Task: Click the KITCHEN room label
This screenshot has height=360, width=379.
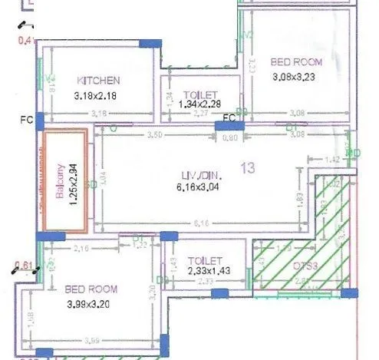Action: (99, 80)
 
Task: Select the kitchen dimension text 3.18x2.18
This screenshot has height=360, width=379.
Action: (98, 96)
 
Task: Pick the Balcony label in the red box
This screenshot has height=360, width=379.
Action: (60, 182)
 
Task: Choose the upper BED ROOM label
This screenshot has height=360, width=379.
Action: (297, 61)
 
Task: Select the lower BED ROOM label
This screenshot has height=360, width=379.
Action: (91, 289)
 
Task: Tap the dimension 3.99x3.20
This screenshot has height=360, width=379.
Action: (92, 305)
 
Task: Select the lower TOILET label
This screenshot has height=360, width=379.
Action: (205, 261)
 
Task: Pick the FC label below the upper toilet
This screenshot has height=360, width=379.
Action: (228, 117)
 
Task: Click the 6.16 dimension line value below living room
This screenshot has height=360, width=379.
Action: (202, 223)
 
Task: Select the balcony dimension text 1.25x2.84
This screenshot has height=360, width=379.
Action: (74, 183)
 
